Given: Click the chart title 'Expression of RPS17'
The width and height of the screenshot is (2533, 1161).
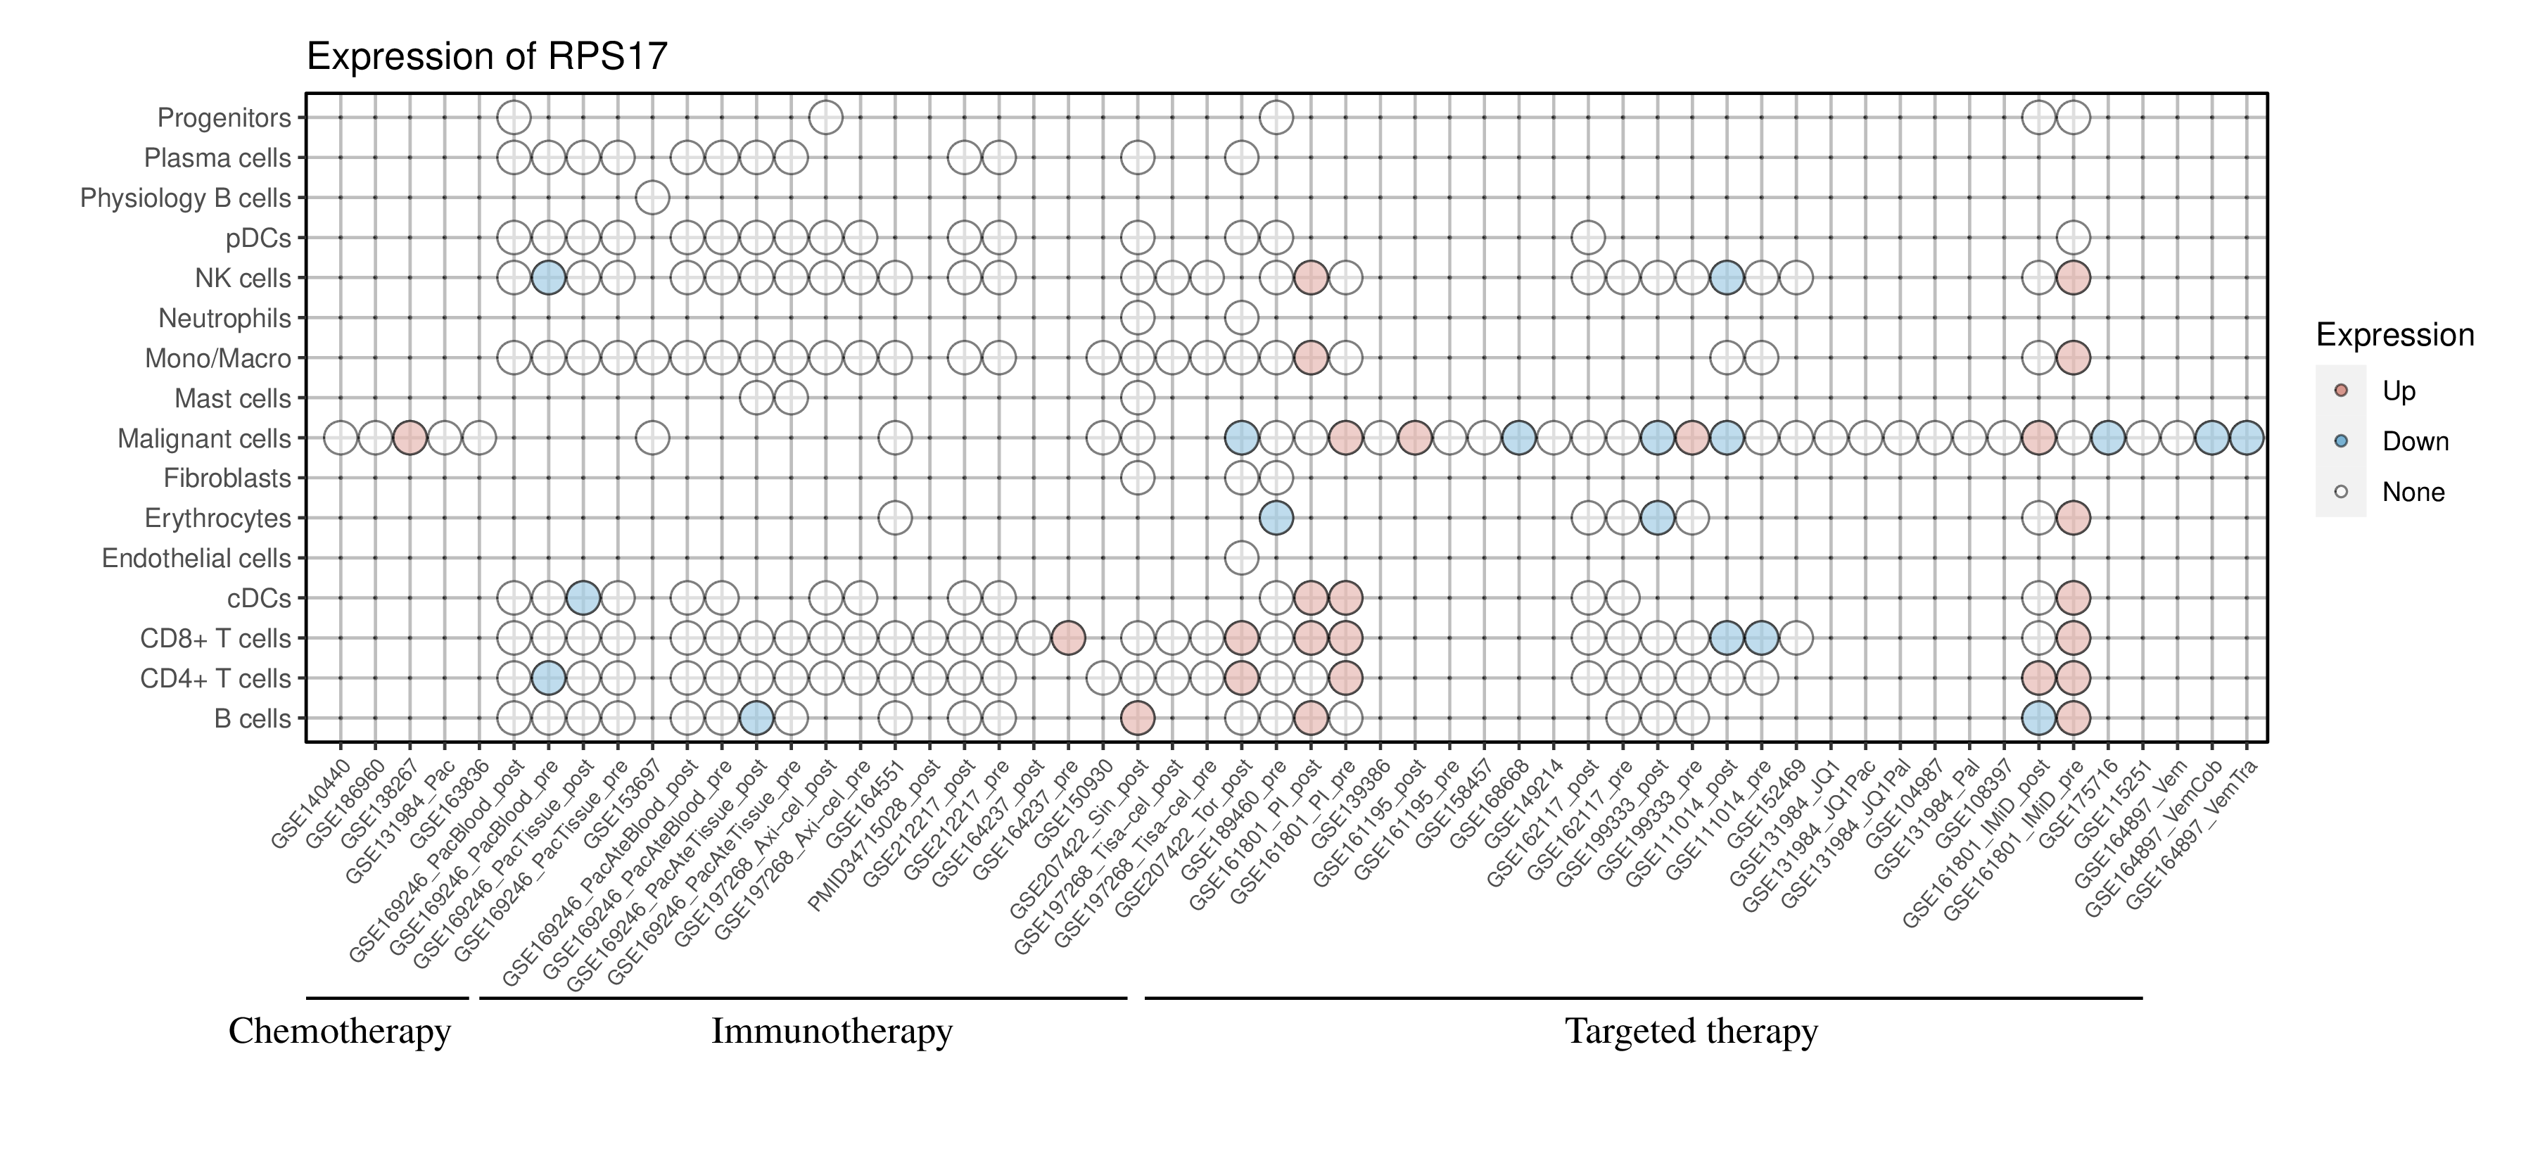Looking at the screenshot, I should pyautogui.click(x=487, y=57).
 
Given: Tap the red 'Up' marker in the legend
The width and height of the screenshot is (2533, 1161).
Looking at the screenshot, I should pyautogui.click(x=2340, y=391).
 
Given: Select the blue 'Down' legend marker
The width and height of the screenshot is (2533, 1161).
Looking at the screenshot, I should pyautogui.click(x=2340, y=441).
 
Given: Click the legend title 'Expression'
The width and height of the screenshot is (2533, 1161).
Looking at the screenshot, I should pyautogui.click(x=2394, y=335).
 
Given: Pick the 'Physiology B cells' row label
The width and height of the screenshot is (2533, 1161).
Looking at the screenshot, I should pyautogui.click(x=186, y=198).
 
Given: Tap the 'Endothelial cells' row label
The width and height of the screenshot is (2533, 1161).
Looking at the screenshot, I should pyautogui.click(x=197, y=559).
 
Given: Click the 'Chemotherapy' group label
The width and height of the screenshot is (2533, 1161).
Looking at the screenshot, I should pyautogui.click(x=339, y=1032).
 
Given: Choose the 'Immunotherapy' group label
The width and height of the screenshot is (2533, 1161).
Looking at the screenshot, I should pyautogui.click(x=832, y=1032).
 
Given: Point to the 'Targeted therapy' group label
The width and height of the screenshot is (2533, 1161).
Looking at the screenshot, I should pyautogui.click(x=1691, y=1032).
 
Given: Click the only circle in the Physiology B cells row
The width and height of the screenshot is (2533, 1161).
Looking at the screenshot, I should pyautogui.click(x=652, y=198).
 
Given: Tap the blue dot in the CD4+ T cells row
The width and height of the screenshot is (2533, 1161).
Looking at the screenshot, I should pyautogui.click(x=547, y=678).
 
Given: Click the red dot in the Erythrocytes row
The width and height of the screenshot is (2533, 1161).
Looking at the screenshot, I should pyautogui.click(x=2073, y=518).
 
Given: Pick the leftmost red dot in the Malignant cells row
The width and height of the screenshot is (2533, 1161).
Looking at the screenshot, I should pyautogui.click(x=409, y=438).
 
